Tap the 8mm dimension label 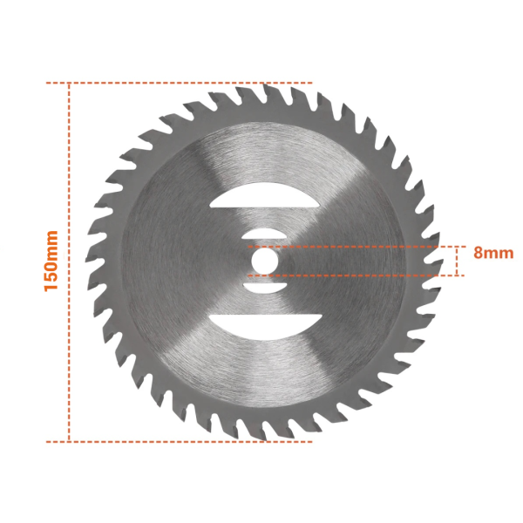[x=493, y=254]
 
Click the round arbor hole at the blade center [x=264, y=260]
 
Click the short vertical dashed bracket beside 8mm [x=456, y=261]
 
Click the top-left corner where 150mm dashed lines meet [x=69, y=83]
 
